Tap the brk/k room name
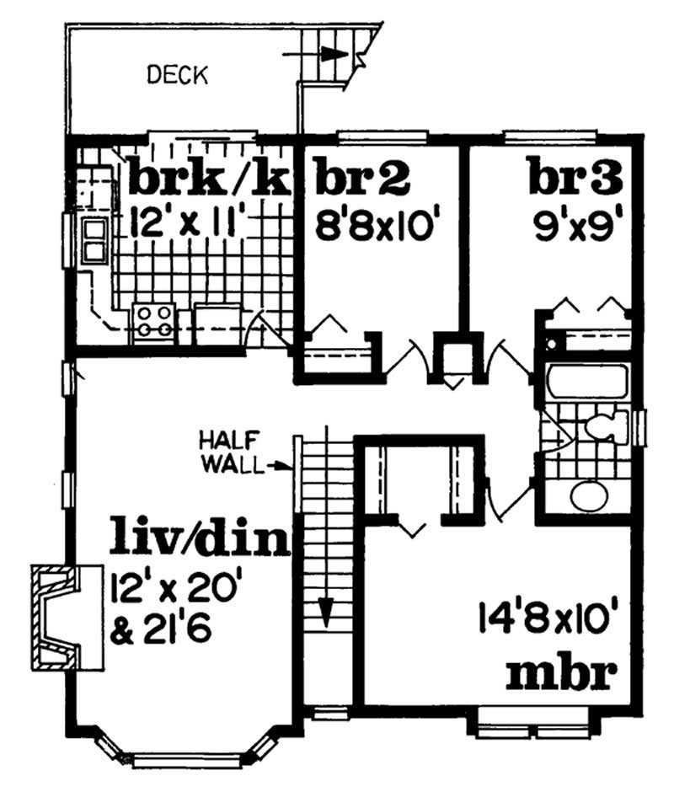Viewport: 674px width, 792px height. point(208,179)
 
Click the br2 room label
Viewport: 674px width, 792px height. point(362,179)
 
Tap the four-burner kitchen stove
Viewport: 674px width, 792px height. point(153,321)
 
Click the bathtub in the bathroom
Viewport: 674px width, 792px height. point(583,384)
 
